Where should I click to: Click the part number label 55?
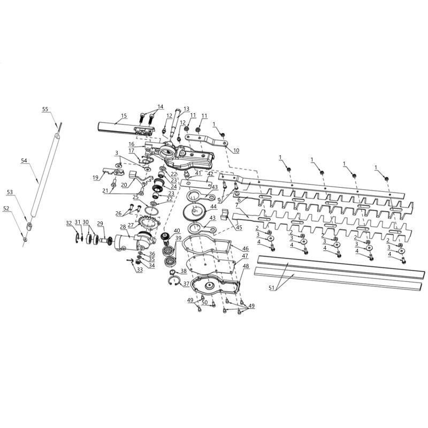tap(45, 109)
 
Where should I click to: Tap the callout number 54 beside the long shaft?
tap(24, 161)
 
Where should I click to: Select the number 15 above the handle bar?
tap(124, 116)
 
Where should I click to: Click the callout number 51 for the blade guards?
tap(271, 287)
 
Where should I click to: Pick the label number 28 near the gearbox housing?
tap(123, 226)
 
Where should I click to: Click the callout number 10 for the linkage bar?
tap(236, 150)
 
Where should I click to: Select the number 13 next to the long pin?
tap(186, 109)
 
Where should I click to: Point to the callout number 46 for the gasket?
tap(246, 249)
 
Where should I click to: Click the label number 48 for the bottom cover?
tap(246, 265)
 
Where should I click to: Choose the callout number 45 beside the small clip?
tap(239, 228)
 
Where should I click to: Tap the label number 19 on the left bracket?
tap(95, 178)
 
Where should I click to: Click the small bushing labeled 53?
tap(30, 226)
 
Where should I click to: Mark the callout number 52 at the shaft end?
tap(6, 209)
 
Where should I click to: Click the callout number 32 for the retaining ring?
tap(69, 223)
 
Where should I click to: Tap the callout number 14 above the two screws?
tap(160, 106)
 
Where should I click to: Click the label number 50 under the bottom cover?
tap(204, 303)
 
